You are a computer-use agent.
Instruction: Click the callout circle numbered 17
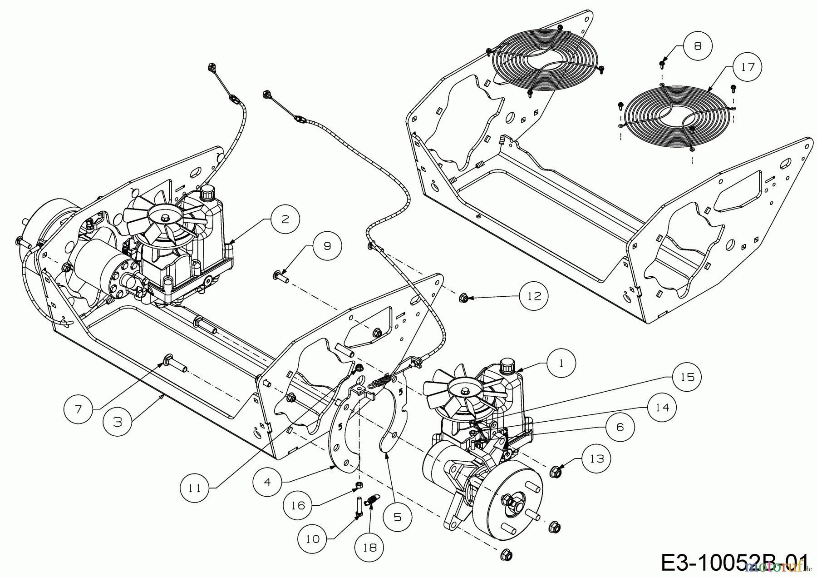[748, 67]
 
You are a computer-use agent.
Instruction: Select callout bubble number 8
[698, 45]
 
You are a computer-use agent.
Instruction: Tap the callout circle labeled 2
[285, 219]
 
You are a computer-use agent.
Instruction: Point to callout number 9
[327, 246]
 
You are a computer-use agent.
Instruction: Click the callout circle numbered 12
[535, 296]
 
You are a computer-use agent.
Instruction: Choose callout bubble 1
[561, 364]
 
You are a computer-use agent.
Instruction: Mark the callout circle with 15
[687, 377]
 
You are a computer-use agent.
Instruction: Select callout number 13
[596, 459]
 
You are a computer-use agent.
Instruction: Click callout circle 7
[78, 409]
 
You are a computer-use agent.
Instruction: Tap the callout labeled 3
[118, 422]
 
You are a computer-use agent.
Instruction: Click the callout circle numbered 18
[370, 548]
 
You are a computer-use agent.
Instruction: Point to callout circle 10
[313, 539]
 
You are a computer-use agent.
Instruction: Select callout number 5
[397, 518]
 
